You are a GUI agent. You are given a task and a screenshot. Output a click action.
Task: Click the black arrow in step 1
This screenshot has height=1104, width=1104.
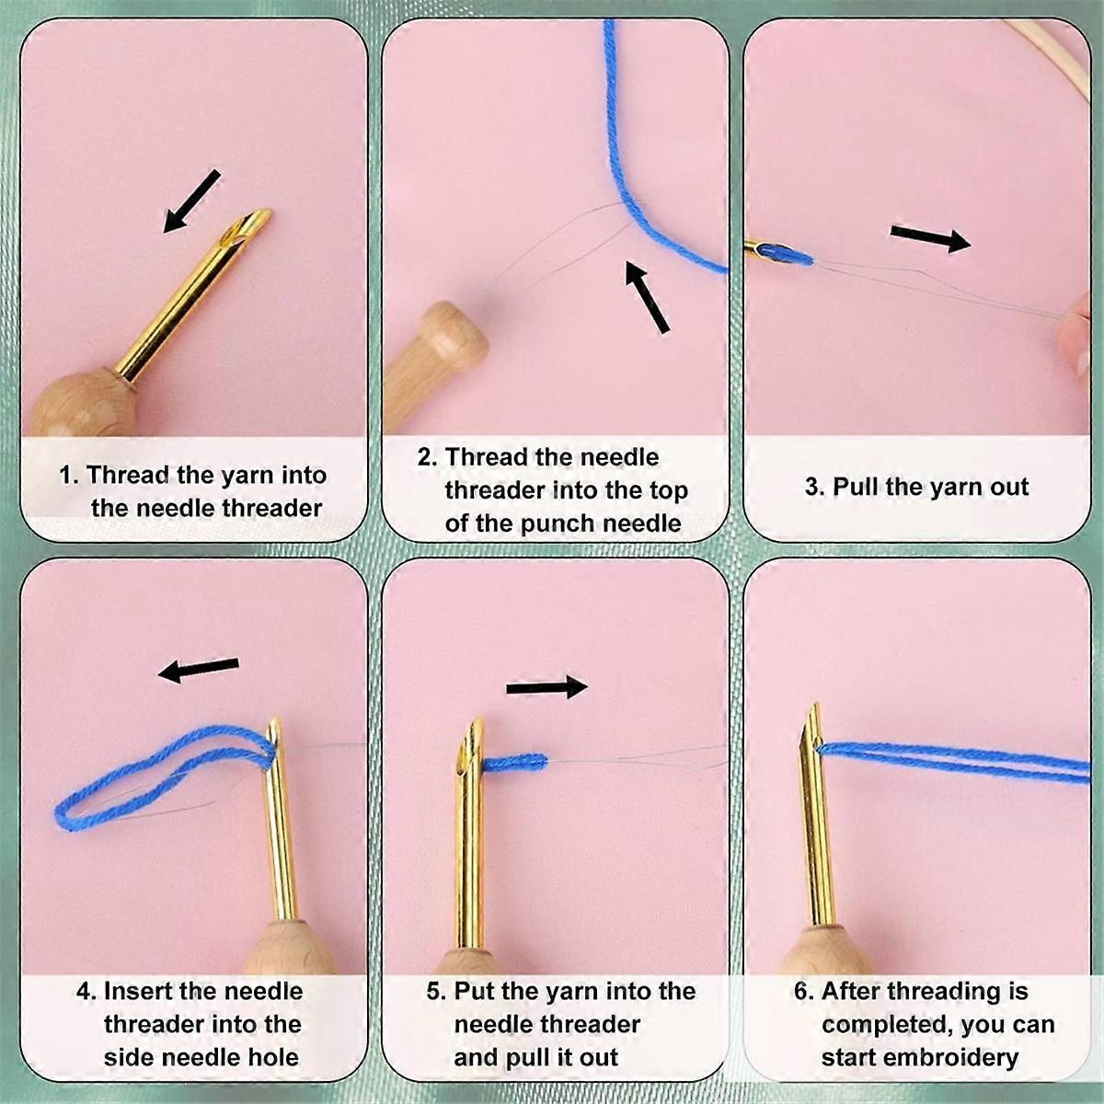[x=191, y=201]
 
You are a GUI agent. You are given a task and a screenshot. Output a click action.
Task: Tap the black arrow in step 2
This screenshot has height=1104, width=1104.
[x=647, y=296]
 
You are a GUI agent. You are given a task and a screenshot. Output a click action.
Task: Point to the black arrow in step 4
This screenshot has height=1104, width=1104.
[x=198, y=669]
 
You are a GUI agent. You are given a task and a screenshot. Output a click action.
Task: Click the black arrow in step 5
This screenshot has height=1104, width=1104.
[x=546, y=687]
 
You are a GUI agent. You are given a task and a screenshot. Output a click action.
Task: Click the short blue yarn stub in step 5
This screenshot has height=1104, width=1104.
[x=515, y=763]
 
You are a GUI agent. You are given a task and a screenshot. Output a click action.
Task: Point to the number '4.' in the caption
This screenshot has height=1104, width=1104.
[x=87, y=990]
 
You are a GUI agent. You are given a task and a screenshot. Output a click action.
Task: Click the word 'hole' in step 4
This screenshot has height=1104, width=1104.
[x=275, y=1057]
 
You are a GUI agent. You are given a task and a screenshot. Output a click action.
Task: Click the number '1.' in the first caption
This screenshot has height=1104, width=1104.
[x=70, y=475]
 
